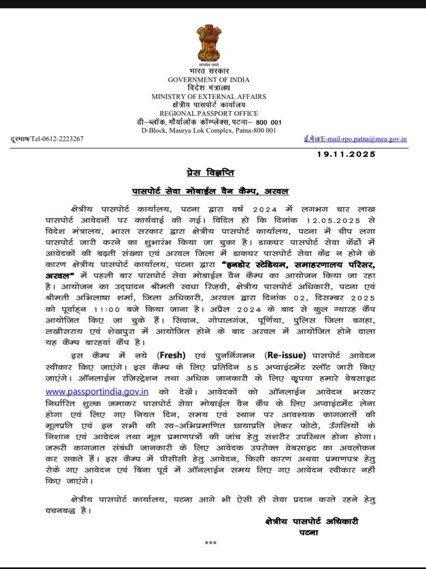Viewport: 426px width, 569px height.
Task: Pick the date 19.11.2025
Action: [346, 154]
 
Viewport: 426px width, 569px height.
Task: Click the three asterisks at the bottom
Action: [211, 543]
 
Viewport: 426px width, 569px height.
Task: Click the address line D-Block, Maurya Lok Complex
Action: [209, 130]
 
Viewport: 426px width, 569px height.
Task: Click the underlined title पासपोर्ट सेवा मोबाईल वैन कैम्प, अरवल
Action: [210, 191]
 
